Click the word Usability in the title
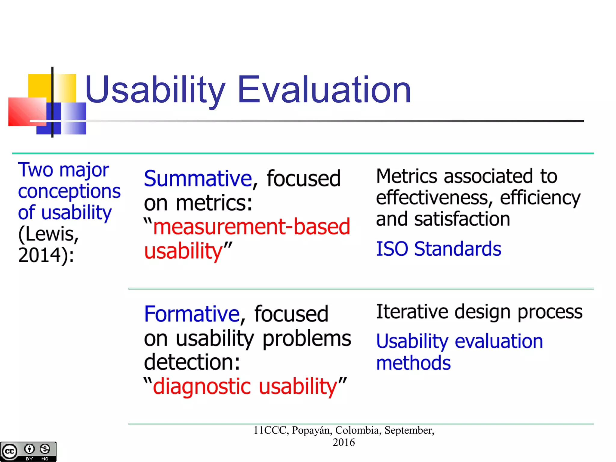tap(155, 90)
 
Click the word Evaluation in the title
tap(324, 90)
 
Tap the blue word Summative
tap(198, 179)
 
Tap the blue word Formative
tap(192, 314)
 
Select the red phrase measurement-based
tap(251, 226)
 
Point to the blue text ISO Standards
tap(439, 249)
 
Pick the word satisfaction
tap(462, 219)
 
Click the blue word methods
tap(413, 363)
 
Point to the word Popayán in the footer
tap(312, 430)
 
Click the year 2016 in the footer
tap(343, 442)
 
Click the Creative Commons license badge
tap(28, 451)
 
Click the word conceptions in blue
tap(69, 191)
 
